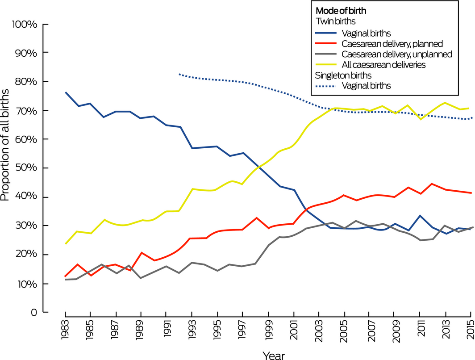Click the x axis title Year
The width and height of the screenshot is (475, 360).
[274, 355]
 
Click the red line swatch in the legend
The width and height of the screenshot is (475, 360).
[326, 43]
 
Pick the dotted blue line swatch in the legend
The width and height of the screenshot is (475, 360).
[326, 86]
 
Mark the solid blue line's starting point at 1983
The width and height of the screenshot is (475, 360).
[65, 92]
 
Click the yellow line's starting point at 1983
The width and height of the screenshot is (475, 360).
[65, 244]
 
